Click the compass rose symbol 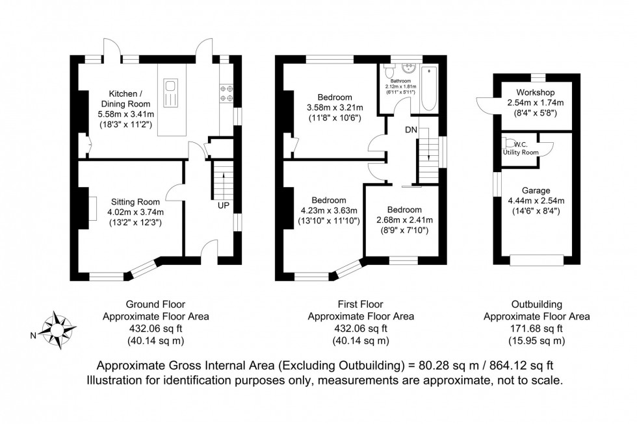coord(60,330)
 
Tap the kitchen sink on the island coord(170,94)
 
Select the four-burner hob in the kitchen coord(227,93)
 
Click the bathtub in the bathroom coord(428,88)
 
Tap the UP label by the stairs coord(223,206)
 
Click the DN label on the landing coord(411,130)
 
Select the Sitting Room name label coord(135,202)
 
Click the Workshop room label coord(536,92)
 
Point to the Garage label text coord(536,190)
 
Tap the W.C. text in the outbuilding coord(521,144)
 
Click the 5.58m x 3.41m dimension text coord(126,114)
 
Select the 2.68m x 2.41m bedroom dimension coord(404,220)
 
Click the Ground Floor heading coord(155,305)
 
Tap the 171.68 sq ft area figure coord(537,329)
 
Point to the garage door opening coord(537,260)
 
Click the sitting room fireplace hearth coord(92,208)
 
